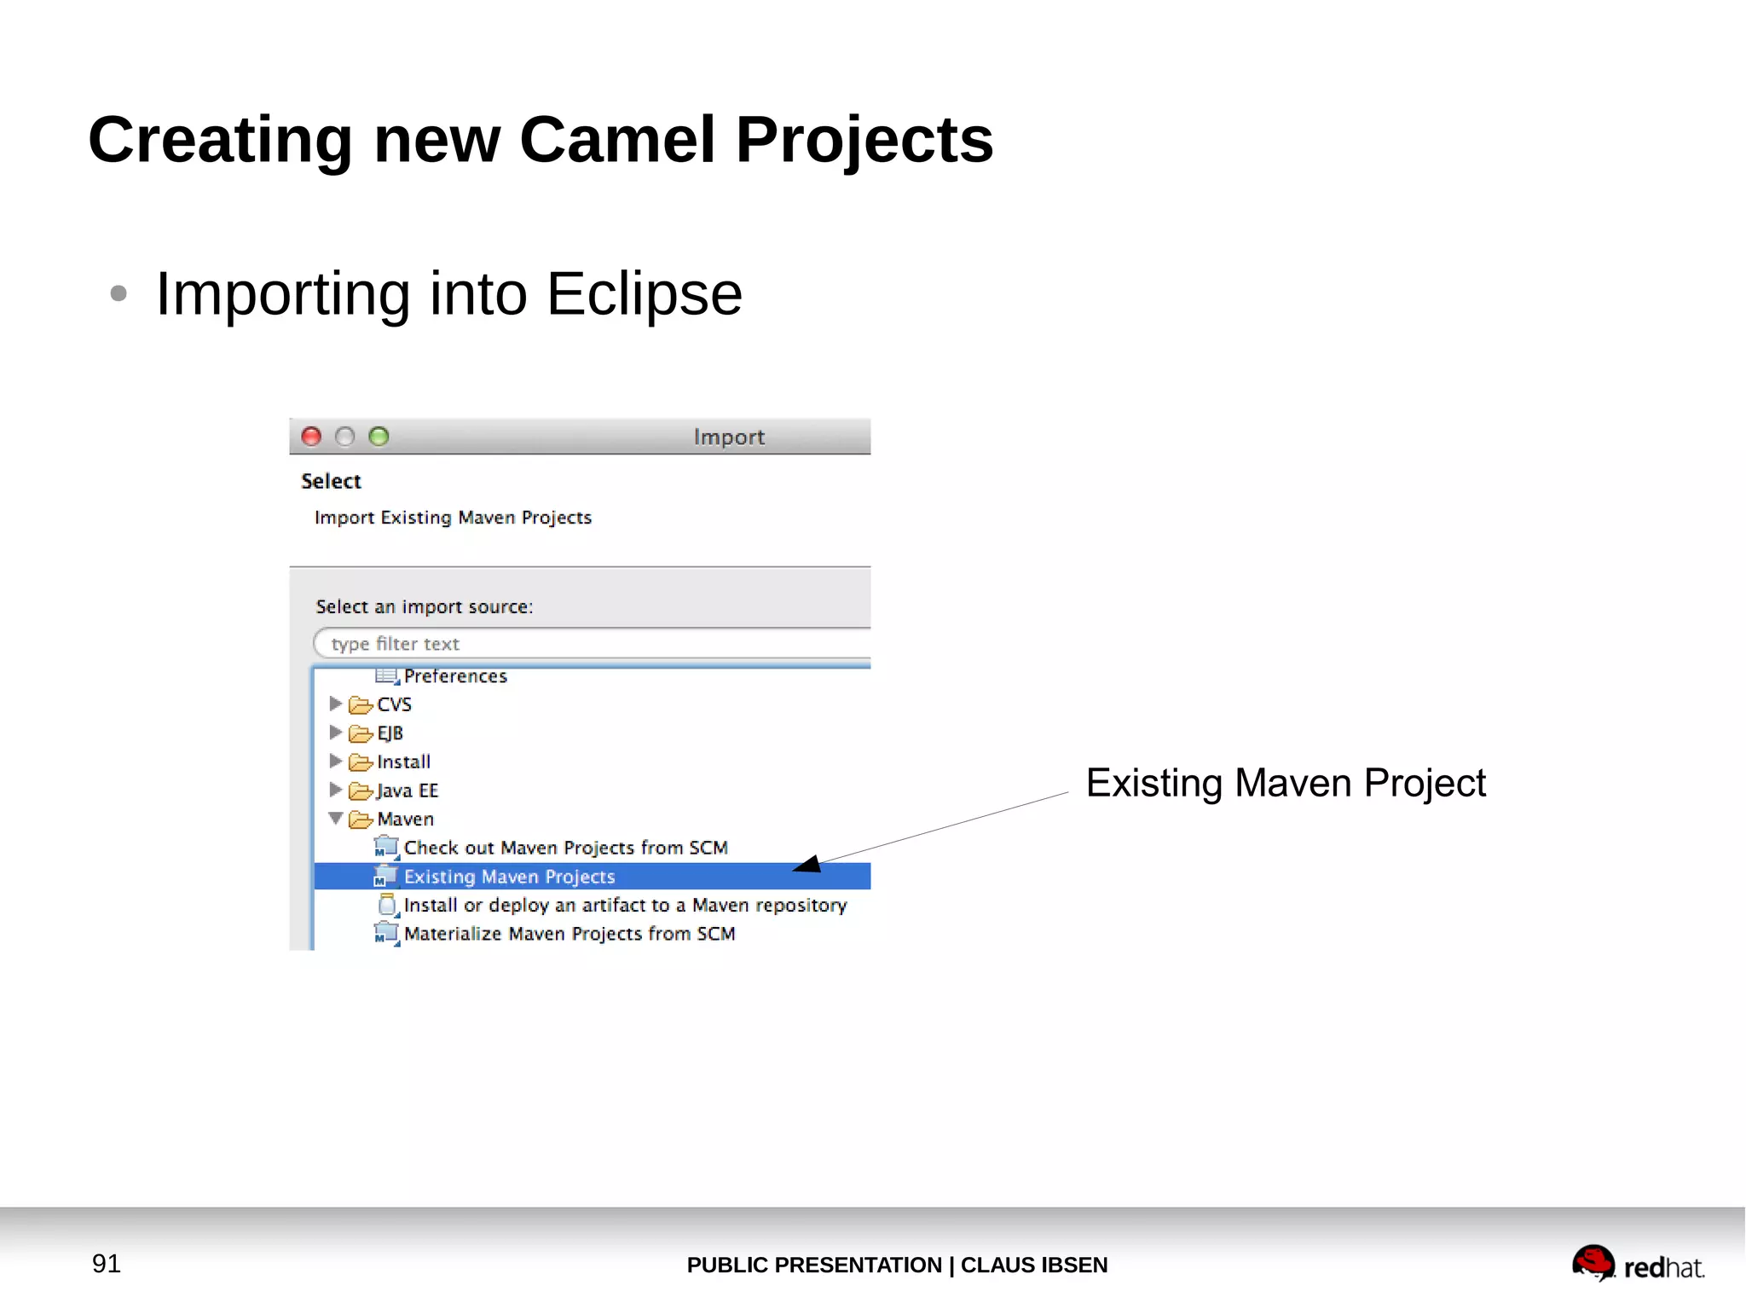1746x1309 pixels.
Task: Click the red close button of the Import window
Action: pyautogui.click(x=311, y=437)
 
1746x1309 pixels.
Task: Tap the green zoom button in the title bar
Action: pyautogui.click(x=379, y=437)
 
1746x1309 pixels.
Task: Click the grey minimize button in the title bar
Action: pyautogui.click(x=344, y=437)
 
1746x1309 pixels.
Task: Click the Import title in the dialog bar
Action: pyautogui.click(x=729, y=437)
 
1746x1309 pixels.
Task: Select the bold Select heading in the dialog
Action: pyautogui.click(x=331, y=482)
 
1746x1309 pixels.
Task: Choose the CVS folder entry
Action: pyautogui.click(x=394, y=705)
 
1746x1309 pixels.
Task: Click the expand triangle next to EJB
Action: pyautogui.click(x=335, y=733)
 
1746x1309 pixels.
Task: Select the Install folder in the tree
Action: pyautogui.click(x=403, y=762)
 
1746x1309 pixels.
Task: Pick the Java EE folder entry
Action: pyautogui.click(x=407, y=791)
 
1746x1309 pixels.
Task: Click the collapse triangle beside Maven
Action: pyautogui.click(x=336, y=819)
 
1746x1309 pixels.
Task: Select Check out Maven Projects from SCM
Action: pyautogui.click(x=565, y=849)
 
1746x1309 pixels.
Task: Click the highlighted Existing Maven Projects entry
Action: pyautogui.click(x=509, y=877)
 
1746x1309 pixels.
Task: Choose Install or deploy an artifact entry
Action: pyautogui.click(x=625, y=906)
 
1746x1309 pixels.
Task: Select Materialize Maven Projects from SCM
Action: pyautogui.click(x=569, y=935)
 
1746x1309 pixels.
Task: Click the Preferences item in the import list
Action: pyautogui.click(x=455, y=676)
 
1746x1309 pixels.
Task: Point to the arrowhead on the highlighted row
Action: pyautogui.click(x=807, y=865)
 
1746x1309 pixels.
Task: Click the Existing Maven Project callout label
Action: pyautogui.click(x=1285, y=783)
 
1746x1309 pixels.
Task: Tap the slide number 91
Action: pyautogui.click(x=107, y=1264)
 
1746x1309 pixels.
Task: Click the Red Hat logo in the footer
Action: pyautogui.click(x=1637, y=1264)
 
